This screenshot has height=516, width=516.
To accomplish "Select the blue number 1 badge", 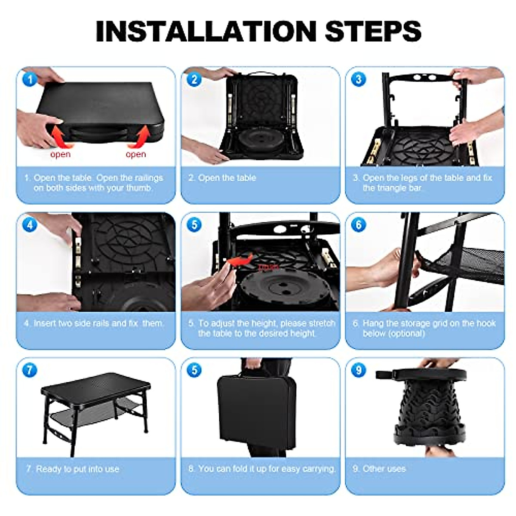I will click(x=29, y=80).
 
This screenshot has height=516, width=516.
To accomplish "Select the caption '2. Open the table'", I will click(x=222, y=178).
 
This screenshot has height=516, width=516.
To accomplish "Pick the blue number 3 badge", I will click(x=359, y=80).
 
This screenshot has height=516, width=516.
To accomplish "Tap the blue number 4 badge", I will click(x=29, y=225).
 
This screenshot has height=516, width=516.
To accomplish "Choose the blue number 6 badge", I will click(x=359, y=225).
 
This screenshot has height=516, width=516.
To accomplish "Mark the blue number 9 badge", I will click(x=359, y=370).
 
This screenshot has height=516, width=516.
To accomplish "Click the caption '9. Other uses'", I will click(x=379, y=469).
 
